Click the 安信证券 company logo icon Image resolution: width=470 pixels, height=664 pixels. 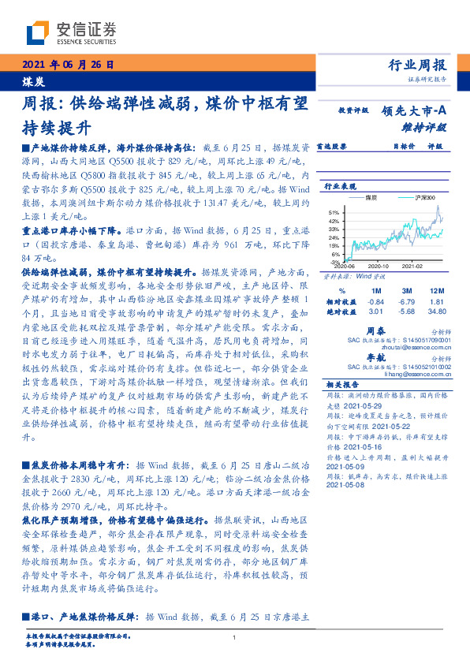37,32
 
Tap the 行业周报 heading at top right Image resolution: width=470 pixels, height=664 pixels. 418,65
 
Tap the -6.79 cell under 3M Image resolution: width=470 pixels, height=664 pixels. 407,300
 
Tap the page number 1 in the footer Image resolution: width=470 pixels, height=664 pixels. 235,637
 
